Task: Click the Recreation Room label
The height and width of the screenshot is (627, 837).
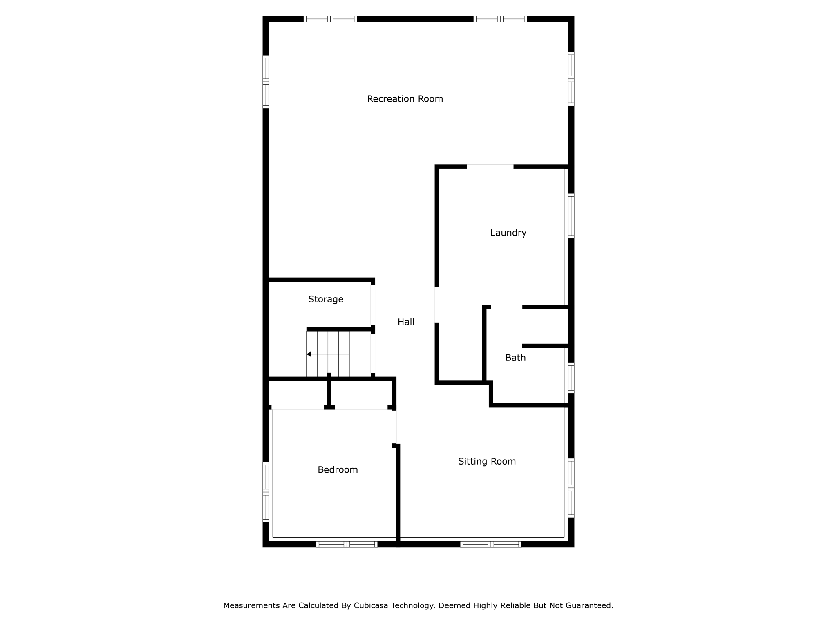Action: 405,99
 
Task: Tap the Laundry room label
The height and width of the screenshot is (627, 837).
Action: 508,233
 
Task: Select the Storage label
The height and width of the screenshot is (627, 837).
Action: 325,299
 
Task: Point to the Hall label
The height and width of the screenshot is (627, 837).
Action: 406,322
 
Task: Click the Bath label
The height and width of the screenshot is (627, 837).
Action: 515,358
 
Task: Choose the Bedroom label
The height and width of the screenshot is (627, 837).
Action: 338,470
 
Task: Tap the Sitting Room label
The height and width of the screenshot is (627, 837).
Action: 487,461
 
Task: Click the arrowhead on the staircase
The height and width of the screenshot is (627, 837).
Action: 309,354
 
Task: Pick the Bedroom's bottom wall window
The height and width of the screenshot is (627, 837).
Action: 347,544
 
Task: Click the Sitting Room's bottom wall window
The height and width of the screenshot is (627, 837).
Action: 490,544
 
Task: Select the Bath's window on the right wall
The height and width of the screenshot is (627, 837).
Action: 571,378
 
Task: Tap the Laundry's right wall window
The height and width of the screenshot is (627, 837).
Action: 571,216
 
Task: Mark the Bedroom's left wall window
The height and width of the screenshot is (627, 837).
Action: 266,492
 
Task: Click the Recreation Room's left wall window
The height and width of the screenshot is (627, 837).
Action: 266,82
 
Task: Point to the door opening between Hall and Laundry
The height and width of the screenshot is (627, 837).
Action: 437,305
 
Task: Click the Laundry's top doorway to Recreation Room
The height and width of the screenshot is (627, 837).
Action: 490,166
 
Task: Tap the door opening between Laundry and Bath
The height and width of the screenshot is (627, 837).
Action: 506,307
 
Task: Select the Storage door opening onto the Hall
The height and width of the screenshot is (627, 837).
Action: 373,305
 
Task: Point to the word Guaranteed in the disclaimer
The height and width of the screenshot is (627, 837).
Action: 589,606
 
